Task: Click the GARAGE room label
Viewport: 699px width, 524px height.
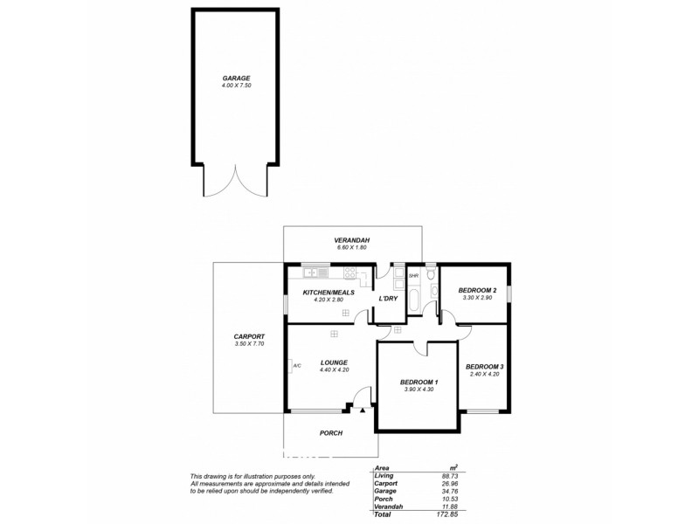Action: pos(236,78)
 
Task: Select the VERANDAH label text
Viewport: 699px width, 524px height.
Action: pos(352,240)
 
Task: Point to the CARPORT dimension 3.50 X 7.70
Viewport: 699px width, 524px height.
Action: pos(249,344)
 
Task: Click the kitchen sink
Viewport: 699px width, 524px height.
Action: pos(312,272)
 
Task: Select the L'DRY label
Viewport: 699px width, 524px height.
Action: pos(388,300)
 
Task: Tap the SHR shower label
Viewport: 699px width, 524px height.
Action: pos(413,276)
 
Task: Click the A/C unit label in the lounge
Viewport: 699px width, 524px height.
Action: pos(296,365)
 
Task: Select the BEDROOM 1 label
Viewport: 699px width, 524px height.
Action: pos(419,382)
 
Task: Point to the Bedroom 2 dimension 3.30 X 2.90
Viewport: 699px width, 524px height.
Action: pos(477,298)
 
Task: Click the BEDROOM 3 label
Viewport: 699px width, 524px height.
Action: pos(483,366)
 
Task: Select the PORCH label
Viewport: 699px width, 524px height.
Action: pos(330,433)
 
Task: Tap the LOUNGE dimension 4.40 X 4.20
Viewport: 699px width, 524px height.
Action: pos(334,369)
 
